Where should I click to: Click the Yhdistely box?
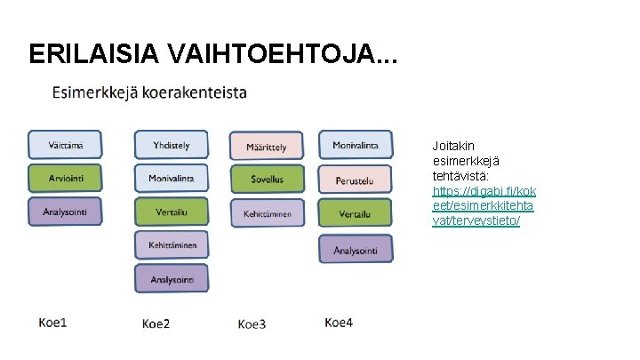pos(171,145)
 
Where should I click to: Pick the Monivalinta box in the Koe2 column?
pos(171,178)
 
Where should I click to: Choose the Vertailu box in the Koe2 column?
pos(171,212)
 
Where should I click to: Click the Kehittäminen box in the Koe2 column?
pos(171,244)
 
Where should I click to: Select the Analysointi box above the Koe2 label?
pos(171,279)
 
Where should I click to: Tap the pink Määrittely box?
pos(267,147)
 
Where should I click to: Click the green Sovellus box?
pos(267,179)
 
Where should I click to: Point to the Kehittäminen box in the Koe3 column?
pos(267,212)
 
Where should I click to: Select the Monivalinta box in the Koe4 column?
pos(356,145)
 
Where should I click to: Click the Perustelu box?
pos(356,180)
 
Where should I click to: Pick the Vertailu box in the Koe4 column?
pos(356,213)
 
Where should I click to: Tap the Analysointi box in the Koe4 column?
pos(356,250)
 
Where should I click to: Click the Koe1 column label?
pos(52,323)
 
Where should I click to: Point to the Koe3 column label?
pos(252,324)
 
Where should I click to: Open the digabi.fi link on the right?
pos(484,205)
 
